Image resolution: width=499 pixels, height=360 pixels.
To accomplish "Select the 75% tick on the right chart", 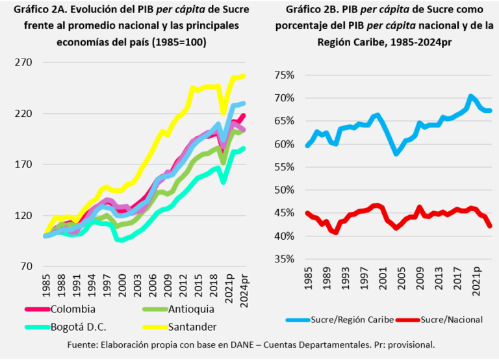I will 284,75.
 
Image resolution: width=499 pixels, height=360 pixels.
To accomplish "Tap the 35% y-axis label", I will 284,259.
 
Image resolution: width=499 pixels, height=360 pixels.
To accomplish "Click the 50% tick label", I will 284,190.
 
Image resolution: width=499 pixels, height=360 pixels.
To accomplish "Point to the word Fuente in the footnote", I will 83,344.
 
